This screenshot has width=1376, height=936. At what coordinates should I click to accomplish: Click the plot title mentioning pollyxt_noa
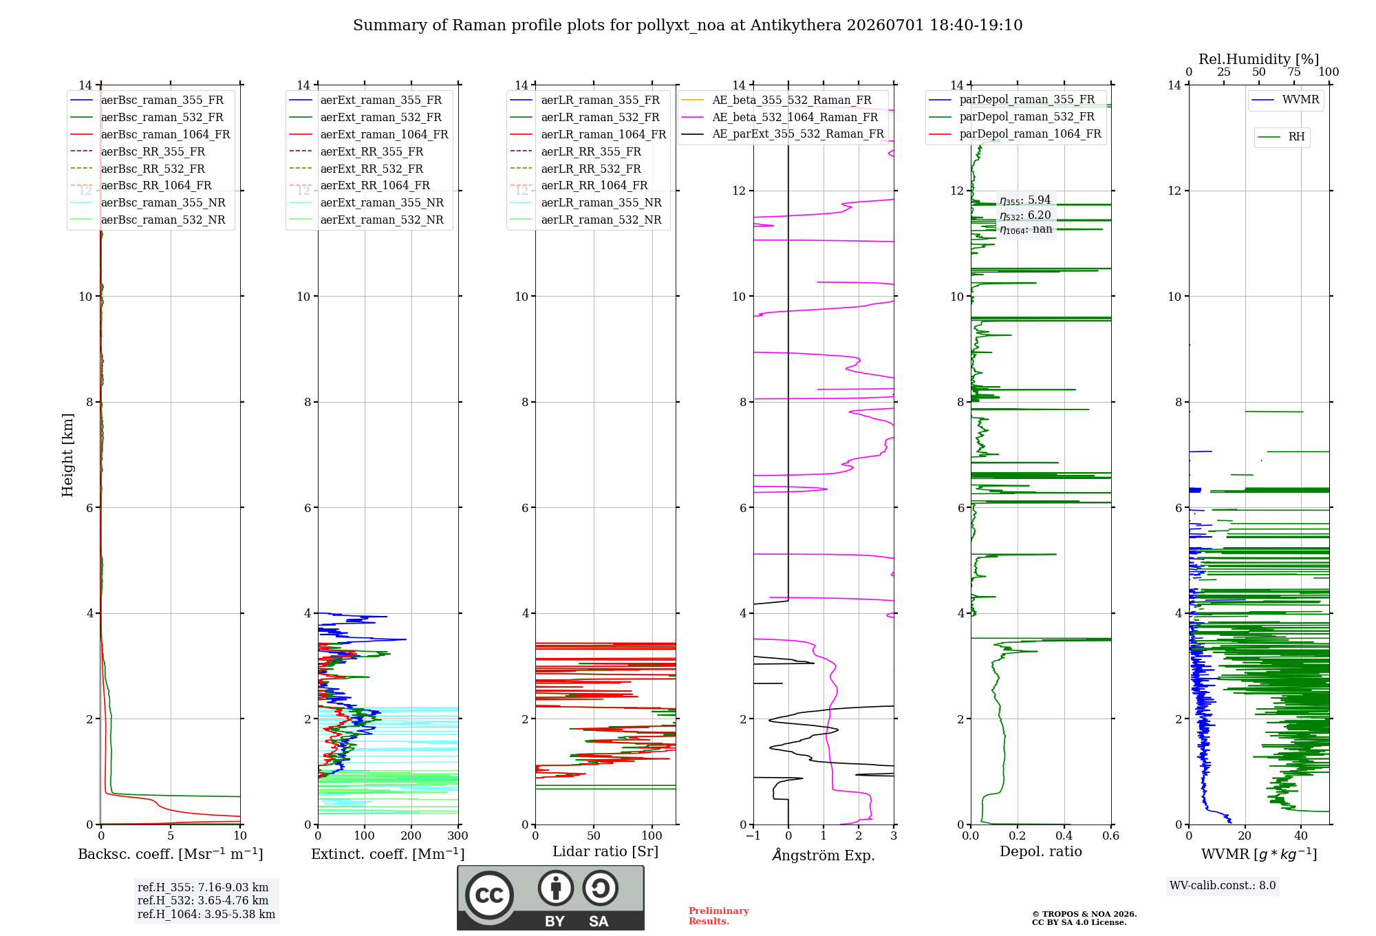coord(687,25)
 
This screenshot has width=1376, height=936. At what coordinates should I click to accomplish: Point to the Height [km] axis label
coord(67,455)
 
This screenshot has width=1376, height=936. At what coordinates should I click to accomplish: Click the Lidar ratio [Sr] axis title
coord(605,851)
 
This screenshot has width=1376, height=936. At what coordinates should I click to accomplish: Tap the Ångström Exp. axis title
coord(824,855)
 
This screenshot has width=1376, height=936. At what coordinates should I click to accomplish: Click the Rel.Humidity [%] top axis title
coord(1259,59)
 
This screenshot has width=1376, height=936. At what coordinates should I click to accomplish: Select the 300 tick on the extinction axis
coord(458,836)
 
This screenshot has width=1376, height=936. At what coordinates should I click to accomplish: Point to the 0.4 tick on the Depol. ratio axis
coord(1064,836)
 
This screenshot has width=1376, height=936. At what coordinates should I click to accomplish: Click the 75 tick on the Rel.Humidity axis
coord(1294,72)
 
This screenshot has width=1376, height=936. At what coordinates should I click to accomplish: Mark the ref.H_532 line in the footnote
coord(203,900)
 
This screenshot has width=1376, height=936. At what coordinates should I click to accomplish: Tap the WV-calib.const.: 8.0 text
coord(1223,885)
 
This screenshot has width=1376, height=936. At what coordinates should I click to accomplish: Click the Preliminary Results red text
coord(719,916)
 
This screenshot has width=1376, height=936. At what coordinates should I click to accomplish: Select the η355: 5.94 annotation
coord(1025,200)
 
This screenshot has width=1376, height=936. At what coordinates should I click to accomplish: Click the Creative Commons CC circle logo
coord(489,895)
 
